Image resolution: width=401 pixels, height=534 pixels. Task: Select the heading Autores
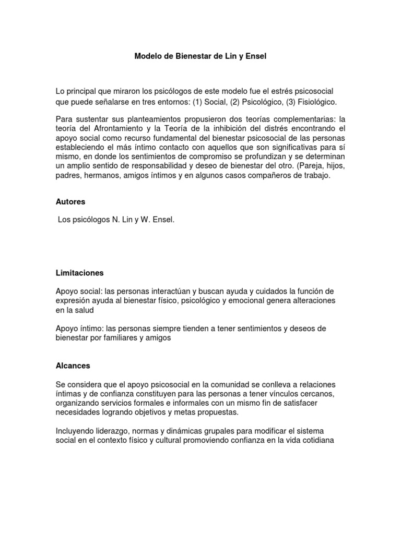tap(70, 201)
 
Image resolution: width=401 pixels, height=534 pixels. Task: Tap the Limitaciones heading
tap(80, 273)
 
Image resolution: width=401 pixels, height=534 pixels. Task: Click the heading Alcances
tap(73, 367)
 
